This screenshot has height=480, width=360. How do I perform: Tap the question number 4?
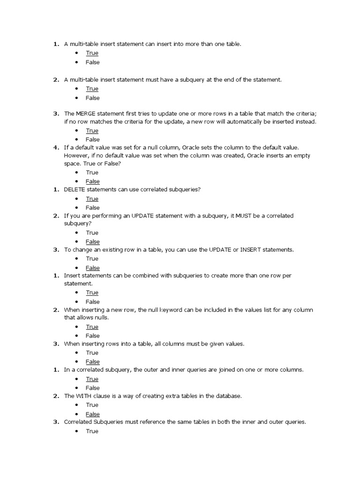click(55, 147)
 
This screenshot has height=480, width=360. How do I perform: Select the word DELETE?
click(75, 190)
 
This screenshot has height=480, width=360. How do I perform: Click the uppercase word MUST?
click(242, 216)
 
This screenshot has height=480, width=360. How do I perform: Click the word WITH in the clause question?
click(83, 396)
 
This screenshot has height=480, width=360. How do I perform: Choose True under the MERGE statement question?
click(92, 131)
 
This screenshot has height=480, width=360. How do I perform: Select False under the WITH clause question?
click(92, 414)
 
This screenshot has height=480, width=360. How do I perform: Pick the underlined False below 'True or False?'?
click(92, 181)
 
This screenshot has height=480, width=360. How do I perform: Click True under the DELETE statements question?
click(92, 199)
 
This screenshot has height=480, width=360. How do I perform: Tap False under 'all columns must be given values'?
click(92, 362)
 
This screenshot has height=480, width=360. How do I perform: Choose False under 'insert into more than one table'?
click(92, 62)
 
